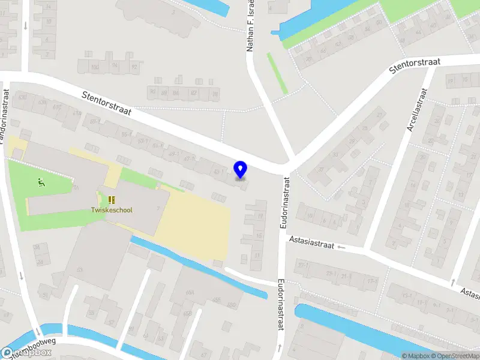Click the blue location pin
[241, 170]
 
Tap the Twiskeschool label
[112, 210]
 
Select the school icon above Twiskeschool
[111, 199]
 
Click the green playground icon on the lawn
[41, 182]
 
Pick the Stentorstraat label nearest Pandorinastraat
[107, 103]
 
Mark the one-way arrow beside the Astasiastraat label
[342, 247]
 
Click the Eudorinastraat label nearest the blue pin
[286, 203]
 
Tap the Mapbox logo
[27, 353]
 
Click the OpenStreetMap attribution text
[457, 356]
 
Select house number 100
[95, 67]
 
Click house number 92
[134, 67]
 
